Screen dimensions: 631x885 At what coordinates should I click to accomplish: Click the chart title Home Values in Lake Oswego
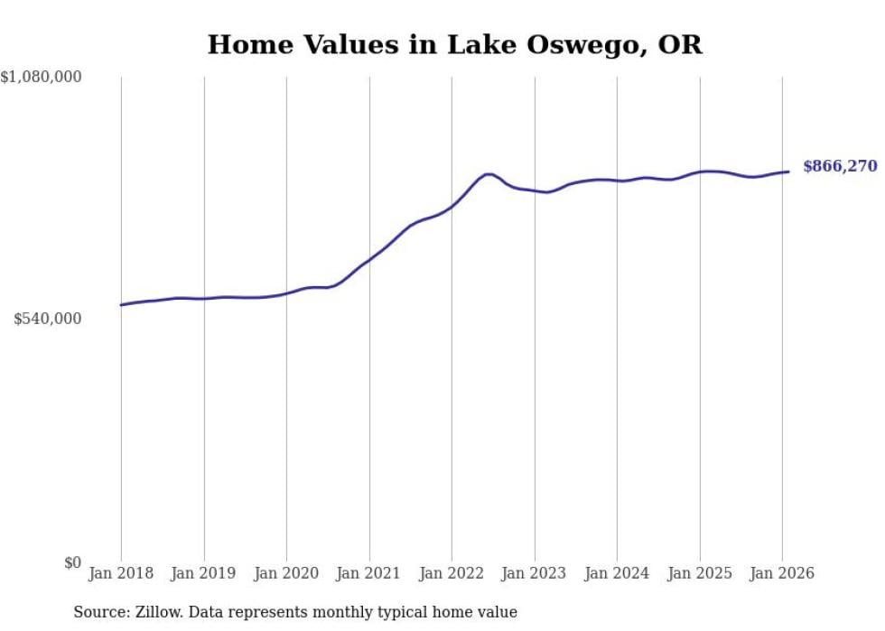pos(454,44)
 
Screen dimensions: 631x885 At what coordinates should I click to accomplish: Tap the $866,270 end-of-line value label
pos(840,166)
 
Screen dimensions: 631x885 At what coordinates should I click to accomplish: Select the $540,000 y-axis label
pos(47,319)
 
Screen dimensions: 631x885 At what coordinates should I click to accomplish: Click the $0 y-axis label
pos(72,563)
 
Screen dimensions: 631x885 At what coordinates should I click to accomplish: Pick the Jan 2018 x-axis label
pos(121,574)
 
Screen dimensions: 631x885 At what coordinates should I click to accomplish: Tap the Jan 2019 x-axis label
pos(203,574)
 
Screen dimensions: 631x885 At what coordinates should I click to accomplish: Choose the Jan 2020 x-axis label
pos(286,574)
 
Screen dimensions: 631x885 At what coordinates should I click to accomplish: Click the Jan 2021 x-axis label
pos(368,574)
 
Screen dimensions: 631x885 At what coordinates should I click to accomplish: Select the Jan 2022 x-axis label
pos(452,574)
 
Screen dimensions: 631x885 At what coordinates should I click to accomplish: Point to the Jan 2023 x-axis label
pos(534,574)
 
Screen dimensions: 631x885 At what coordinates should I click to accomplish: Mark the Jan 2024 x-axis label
pos(617,574)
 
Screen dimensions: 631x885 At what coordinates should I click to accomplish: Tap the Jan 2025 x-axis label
pos(699,574)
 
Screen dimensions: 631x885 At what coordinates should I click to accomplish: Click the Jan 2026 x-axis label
pos(782,574)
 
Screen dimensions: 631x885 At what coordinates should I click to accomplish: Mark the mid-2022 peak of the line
pos(489,174)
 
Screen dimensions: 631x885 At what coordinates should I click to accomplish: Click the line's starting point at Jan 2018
pos(121,305)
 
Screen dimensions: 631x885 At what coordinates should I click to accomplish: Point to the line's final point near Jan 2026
pos(788,172)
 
